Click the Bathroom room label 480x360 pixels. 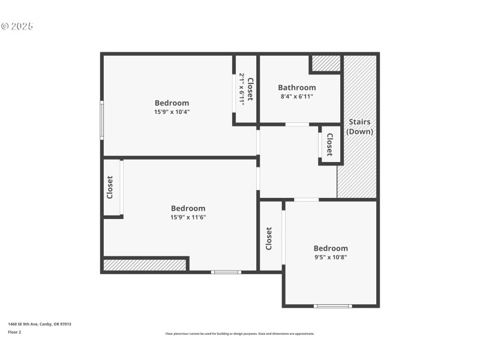296,88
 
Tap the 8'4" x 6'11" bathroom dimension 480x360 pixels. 296,97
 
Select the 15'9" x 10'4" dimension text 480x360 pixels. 172,112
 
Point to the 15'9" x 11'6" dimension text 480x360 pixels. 188,217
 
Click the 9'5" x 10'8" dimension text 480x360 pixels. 331,257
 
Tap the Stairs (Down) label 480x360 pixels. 360,127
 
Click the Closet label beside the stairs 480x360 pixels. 329,144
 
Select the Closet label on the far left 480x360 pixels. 110,187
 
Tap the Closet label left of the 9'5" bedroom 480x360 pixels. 269,238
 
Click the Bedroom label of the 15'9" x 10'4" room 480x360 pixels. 172,103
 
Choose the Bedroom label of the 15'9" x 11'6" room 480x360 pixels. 188,208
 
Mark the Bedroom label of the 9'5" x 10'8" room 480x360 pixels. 331,248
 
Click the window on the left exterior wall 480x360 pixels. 102,120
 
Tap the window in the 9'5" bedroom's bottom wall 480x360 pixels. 332,306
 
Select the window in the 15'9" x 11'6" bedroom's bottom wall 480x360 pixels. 226,272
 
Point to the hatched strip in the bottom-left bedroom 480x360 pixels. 145,265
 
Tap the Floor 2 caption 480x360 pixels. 14,332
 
